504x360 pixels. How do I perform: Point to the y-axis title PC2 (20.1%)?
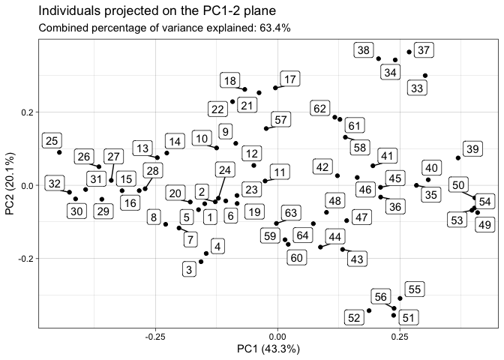tap(10, 184)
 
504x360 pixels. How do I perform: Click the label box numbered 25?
tap(52, 140)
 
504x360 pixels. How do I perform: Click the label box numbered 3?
tap(189, 268)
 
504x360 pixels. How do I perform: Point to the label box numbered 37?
tap(424, 51)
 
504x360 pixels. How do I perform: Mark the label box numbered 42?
tap(323, 166)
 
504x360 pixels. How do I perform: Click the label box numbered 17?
tap(289, 79)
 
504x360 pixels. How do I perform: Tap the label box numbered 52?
tap(355, 318)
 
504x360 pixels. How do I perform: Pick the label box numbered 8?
tap(154, 218)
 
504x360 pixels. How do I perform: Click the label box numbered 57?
tap(280, 120)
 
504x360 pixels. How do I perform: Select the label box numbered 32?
tap(54, 184)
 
